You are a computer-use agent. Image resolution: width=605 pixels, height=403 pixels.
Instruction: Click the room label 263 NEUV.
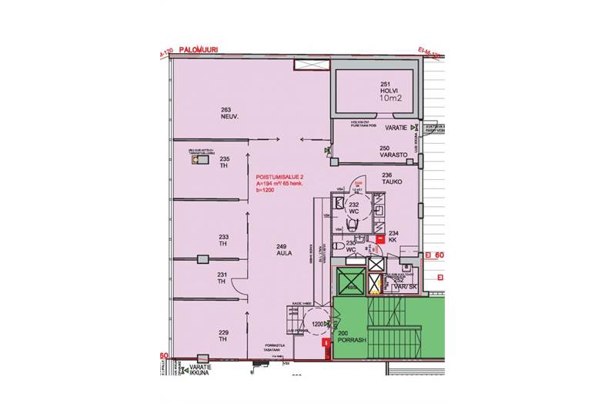226,114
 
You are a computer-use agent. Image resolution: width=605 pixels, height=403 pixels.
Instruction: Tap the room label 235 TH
224,162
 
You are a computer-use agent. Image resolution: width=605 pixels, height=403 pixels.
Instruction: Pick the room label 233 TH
223,240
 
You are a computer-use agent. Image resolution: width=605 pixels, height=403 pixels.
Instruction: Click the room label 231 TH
222,277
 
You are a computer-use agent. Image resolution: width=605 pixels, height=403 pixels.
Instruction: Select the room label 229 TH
223,335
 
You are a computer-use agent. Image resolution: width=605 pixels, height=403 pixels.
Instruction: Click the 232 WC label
356,210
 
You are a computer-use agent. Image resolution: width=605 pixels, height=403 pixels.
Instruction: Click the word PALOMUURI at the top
198,49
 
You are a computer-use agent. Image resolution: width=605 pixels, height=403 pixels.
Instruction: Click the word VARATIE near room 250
396,128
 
